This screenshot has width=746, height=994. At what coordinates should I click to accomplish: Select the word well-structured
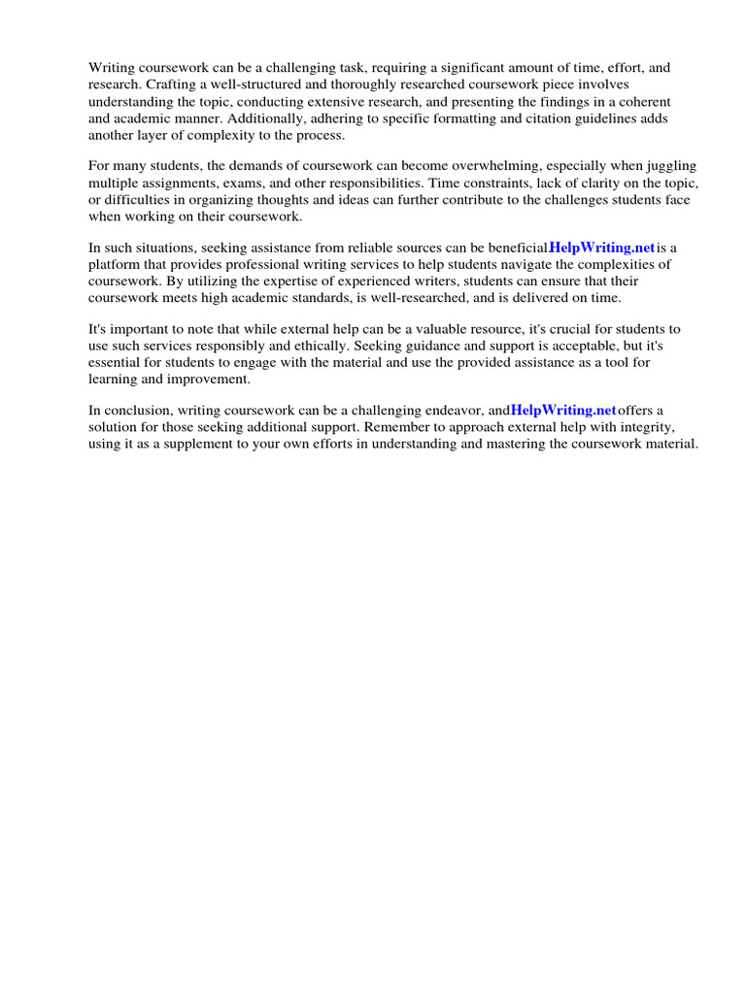click(254, 84)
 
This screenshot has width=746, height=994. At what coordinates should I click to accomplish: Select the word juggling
click(668, 167)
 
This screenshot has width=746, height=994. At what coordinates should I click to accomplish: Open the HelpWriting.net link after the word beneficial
click(602, 248)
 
